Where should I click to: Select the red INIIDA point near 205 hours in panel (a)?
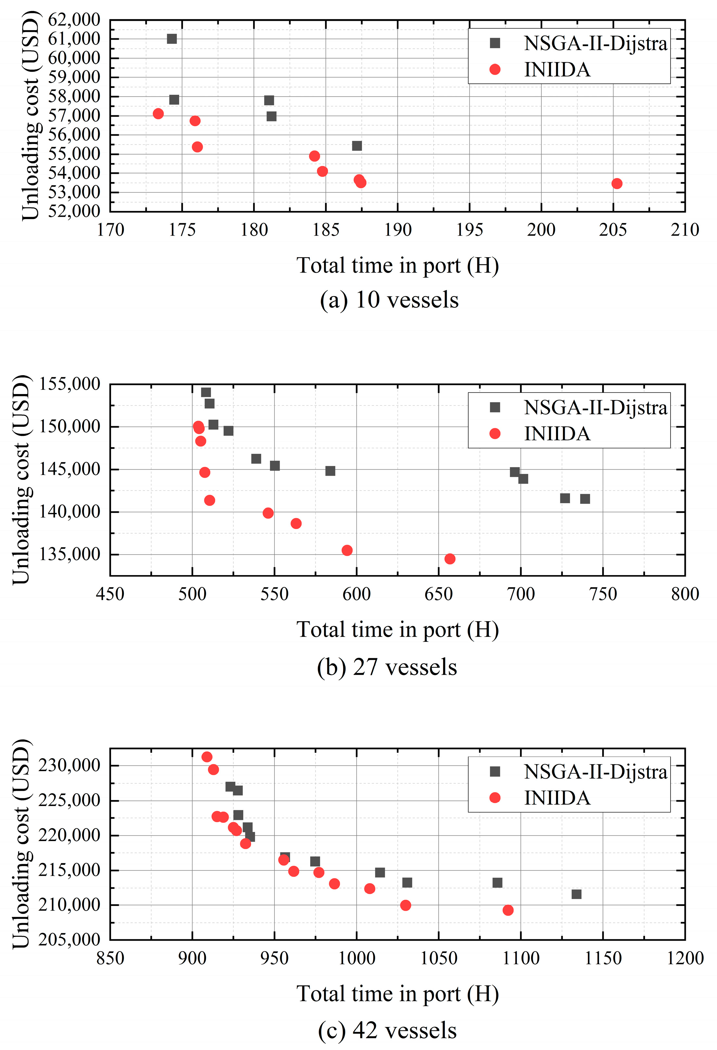pos(617,183)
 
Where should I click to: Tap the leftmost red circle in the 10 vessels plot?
pos(158,113)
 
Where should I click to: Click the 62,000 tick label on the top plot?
pos(74,20)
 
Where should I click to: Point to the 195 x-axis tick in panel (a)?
pos(469,230)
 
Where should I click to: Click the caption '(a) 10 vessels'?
pos(389,300)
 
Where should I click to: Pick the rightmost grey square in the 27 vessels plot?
pos(585,499)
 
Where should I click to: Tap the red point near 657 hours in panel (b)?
pos(450,559)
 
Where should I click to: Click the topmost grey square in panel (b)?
pos(206,392)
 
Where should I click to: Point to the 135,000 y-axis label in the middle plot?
pos(69,554)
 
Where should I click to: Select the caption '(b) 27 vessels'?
pos(387,667)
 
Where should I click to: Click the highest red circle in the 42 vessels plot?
pos(207,757)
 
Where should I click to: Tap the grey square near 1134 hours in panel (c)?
pos(577,894)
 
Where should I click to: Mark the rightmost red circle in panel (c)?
pos(508,910)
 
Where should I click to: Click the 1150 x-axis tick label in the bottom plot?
pos(603,958)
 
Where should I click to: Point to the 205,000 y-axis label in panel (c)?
pos(69,940)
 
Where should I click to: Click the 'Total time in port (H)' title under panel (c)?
pos(397,994)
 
